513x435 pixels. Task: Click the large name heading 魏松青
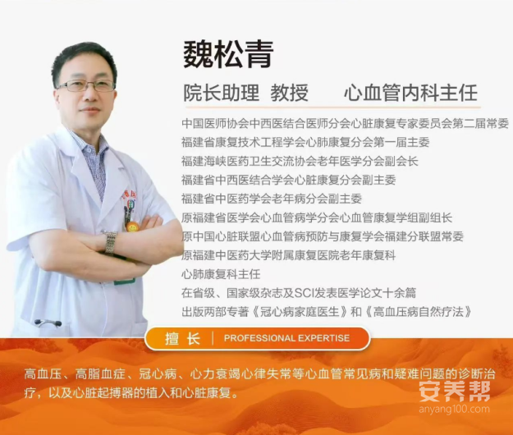[x=228, y=55]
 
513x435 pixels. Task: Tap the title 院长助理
[x=221, y=93]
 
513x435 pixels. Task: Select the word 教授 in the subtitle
[x=289, y=93]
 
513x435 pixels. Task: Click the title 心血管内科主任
[x=410, y=93]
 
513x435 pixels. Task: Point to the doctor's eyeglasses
[x=85, y=85]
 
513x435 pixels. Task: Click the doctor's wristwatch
[x=111, y=241]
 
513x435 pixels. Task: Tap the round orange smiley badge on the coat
[x=131, y=227]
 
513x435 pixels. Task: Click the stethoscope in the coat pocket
[x=48, y=323]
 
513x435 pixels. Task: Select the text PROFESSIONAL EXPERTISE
[x=286, y=338]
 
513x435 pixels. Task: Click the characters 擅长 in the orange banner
[x=182, y=338]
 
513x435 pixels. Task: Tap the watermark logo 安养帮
[x=455, y=391]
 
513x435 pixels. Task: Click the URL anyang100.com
[x=454, y=410]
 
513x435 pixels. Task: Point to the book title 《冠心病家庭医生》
[x=300, y=311]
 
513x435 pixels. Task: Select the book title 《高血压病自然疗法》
[x=418, y=311]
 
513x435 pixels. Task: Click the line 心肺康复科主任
[x=221, y=274]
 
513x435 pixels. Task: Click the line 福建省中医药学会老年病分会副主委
[x=272, y=199]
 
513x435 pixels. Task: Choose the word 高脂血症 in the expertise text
[x=100, y=373]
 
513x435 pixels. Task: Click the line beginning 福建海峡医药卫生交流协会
[x=300, y=161]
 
